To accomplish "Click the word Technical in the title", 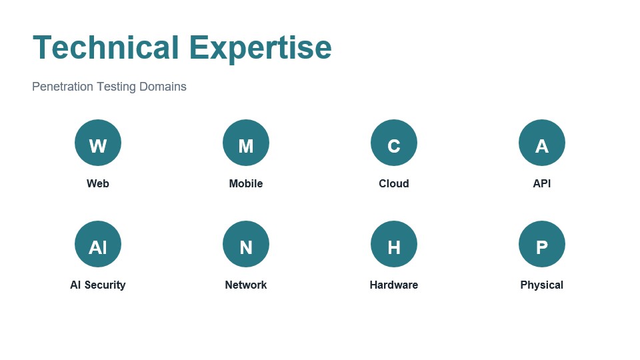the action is pyautogui.click(x=105, y=48).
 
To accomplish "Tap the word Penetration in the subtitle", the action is pyautogui.click(x=63, y=87).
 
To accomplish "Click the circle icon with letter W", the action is pyautogui.click(x=98, y=143).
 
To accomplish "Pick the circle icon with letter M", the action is pyautogui.click(x=246, y=143).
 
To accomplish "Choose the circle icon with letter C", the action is pyautogui.click(x=394, y=143).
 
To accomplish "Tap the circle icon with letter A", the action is pyautogui.click(x=542, y=143).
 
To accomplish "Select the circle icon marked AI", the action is pyautogui.click(x=98, y=244).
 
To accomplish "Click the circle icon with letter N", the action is pyautogui.click(x=246, y=244).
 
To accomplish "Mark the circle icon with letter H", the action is pyautogui.click(x=394, y=244).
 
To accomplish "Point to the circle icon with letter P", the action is pyautogui.click(x=542, y=244).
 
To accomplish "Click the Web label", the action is pyautogui.click(x=98, y=183).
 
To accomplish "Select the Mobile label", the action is pyautogui.click(x=246, y=183).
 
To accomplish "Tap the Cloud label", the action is pyautogui.click(x=394, y=183).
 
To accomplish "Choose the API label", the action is pyautogui.click(x=542, y=183).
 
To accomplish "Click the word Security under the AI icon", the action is pyautogui.click(x=105, y=285).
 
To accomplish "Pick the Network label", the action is pyautogui.click(x=246, y=285).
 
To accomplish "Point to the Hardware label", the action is pyautogui.click(x=394, y=285).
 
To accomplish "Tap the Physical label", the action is pyautogui.click(x=542, y=285).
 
